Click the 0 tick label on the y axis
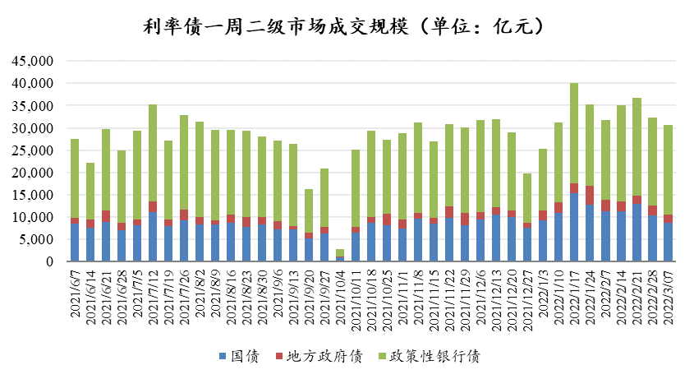pos(48,261)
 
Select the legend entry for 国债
pos(243,356)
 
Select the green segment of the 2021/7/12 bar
pos(153,153)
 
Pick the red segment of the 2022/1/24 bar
pos(590,196)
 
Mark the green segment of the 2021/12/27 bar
pos(527,198)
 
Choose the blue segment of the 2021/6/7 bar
pos(75,243)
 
